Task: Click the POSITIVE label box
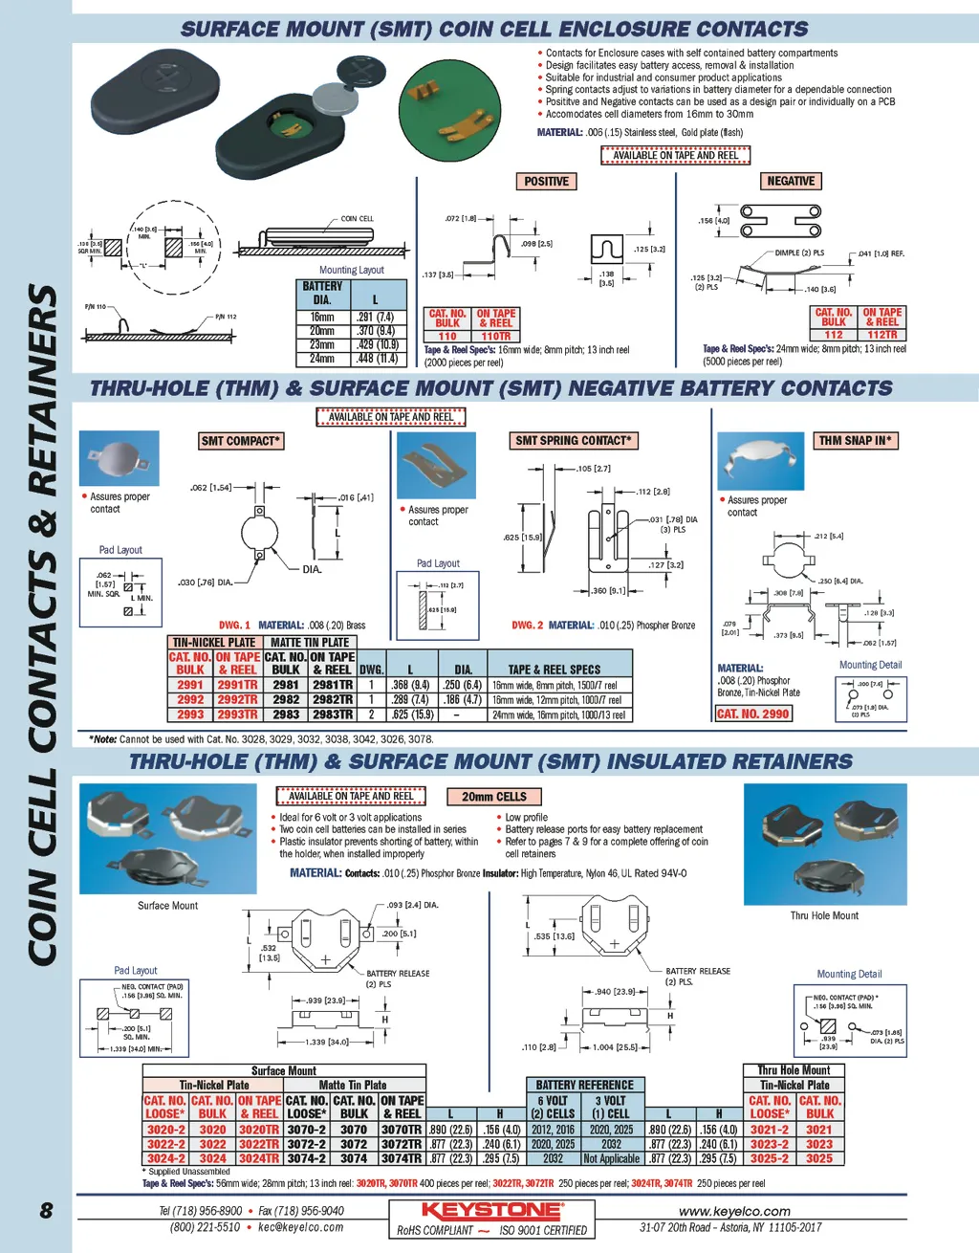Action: click(x=546, y=182)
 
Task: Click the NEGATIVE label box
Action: click(x=791, y=181)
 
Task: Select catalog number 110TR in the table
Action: click(x=496, y=337)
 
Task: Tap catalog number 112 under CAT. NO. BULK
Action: click(x=834, y=335)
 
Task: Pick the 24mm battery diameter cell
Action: click(x=322, y=359)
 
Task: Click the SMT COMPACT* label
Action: click(x=240, y=441)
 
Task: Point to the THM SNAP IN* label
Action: click(x=855, y=441)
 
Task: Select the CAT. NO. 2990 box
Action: click(x=753, y=714)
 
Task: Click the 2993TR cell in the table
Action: click(x=237, y=714)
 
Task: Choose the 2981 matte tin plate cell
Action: click(x=286, y=685)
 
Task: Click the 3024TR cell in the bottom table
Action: click(x=259, y=1158)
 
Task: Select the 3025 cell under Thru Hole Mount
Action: click(x=819, y=1158)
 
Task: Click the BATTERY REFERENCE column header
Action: click(x=584, y=1086)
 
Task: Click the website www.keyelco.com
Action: click(x=734, y=1211)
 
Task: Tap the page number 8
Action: click(x=46, y=1211)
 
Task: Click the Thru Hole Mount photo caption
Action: click(x=824, y=915)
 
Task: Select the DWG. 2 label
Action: click(x=527, y=626)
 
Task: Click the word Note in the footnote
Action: click(x=105, y=739)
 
